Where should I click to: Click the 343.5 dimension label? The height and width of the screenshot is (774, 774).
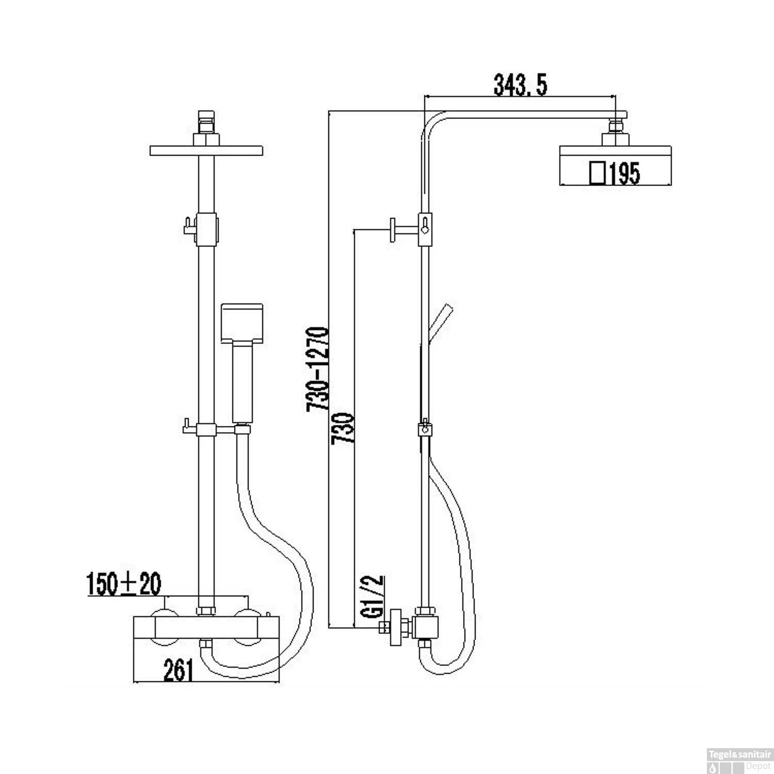tap(520, 85)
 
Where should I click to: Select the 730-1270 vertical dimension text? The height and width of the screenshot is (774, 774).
tap(317, 368)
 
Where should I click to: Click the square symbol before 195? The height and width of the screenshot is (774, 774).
tap(598, 173)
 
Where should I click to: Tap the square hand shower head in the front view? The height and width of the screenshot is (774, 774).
tap(243, 324)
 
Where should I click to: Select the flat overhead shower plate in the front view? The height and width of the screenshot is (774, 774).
tap(206, 150)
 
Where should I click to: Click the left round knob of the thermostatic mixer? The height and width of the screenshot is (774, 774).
tap(164, 627)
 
